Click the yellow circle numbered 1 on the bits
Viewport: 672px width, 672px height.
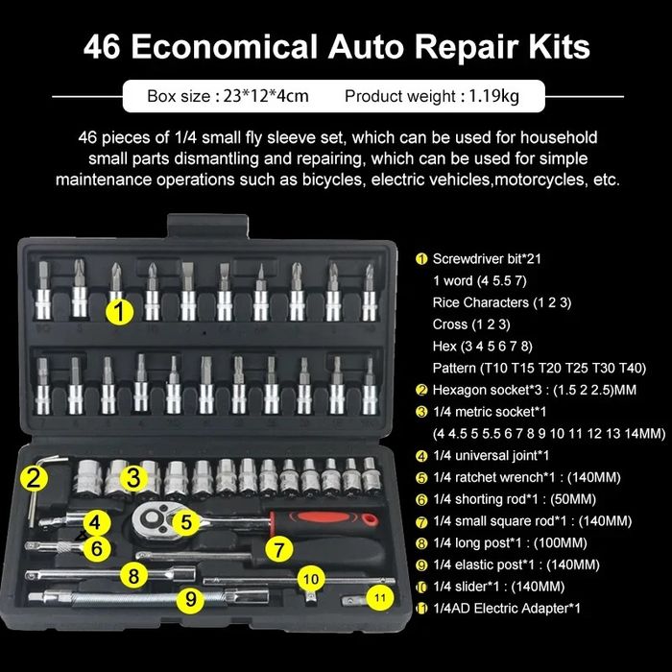tap(120, 311)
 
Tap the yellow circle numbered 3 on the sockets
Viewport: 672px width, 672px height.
tap(133, 477)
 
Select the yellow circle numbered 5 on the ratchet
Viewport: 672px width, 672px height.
tap(186, 522)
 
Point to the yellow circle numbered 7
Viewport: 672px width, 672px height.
tap(279, 549)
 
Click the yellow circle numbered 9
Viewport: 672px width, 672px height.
tap(190, 599)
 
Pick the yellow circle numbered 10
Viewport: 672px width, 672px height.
tap(311, 580)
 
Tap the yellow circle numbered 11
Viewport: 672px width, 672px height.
tap(380, 598)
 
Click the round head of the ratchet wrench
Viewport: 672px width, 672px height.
tap(152, 520)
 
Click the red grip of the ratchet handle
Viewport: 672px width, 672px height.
tap(324, 518)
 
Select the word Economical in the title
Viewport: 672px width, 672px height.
tap(224, 46)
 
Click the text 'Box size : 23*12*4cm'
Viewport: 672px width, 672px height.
tap(228, 96)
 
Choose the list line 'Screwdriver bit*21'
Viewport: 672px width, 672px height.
tap(487, 259)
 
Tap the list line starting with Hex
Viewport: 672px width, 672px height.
tap(483, 347)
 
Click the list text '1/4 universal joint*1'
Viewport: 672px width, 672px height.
tap(492, 456)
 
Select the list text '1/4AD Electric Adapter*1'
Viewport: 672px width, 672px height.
tap(507, 608)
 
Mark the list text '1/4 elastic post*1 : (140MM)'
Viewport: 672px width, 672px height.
tap(516, 564)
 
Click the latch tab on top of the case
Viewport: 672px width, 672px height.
tap(208, 226)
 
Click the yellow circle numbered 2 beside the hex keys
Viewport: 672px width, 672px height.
tap(34, 477)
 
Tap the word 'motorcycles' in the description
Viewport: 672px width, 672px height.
tap(540, 180)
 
